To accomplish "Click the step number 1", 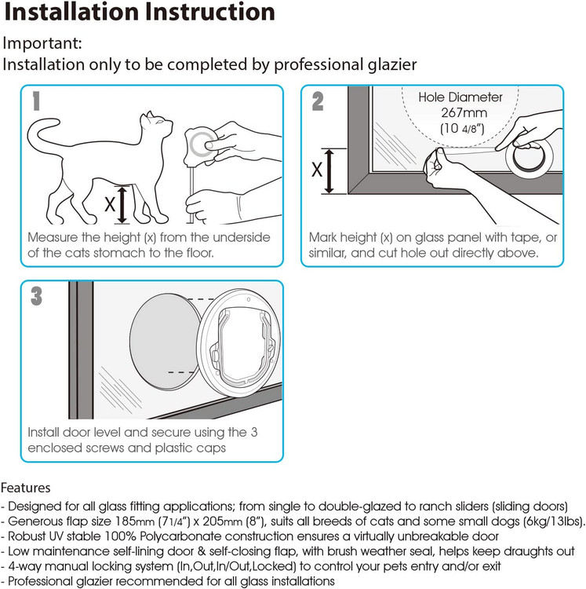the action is click(x=36, y=101).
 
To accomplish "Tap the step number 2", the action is click(x=318, y=101).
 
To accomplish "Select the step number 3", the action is click(x=36, y=296).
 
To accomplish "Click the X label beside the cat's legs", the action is click(x=110, y=204).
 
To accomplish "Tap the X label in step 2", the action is click(x=317, y=170).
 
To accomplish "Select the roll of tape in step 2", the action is click(x=528, y=157).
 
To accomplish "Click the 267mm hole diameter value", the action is click(x=464, y=112).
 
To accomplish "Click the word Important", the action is click(x=42, y=43).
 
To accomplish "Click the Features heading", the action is click(x=26, y=488).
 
